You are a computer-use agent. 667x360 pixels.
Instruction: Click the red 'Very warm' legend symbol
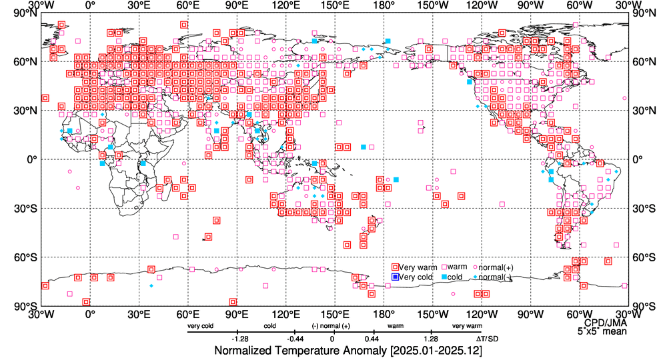[x=395, y=267]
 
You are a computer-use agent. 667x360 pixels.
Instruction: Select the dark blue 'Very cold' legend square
[x=395, y=277]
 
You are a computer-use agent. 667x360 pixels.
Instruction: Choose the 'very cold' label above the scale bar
[x=200, y=326]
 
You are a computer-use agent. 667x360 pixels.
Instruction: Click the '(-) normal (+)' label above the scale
[x=331, y=326]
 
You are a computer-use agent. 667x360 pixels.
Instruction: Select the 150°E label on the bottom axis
[x=333, y=313]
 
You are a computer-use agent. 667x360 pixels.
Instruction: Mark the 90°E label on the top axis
[x=236, y=6]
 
